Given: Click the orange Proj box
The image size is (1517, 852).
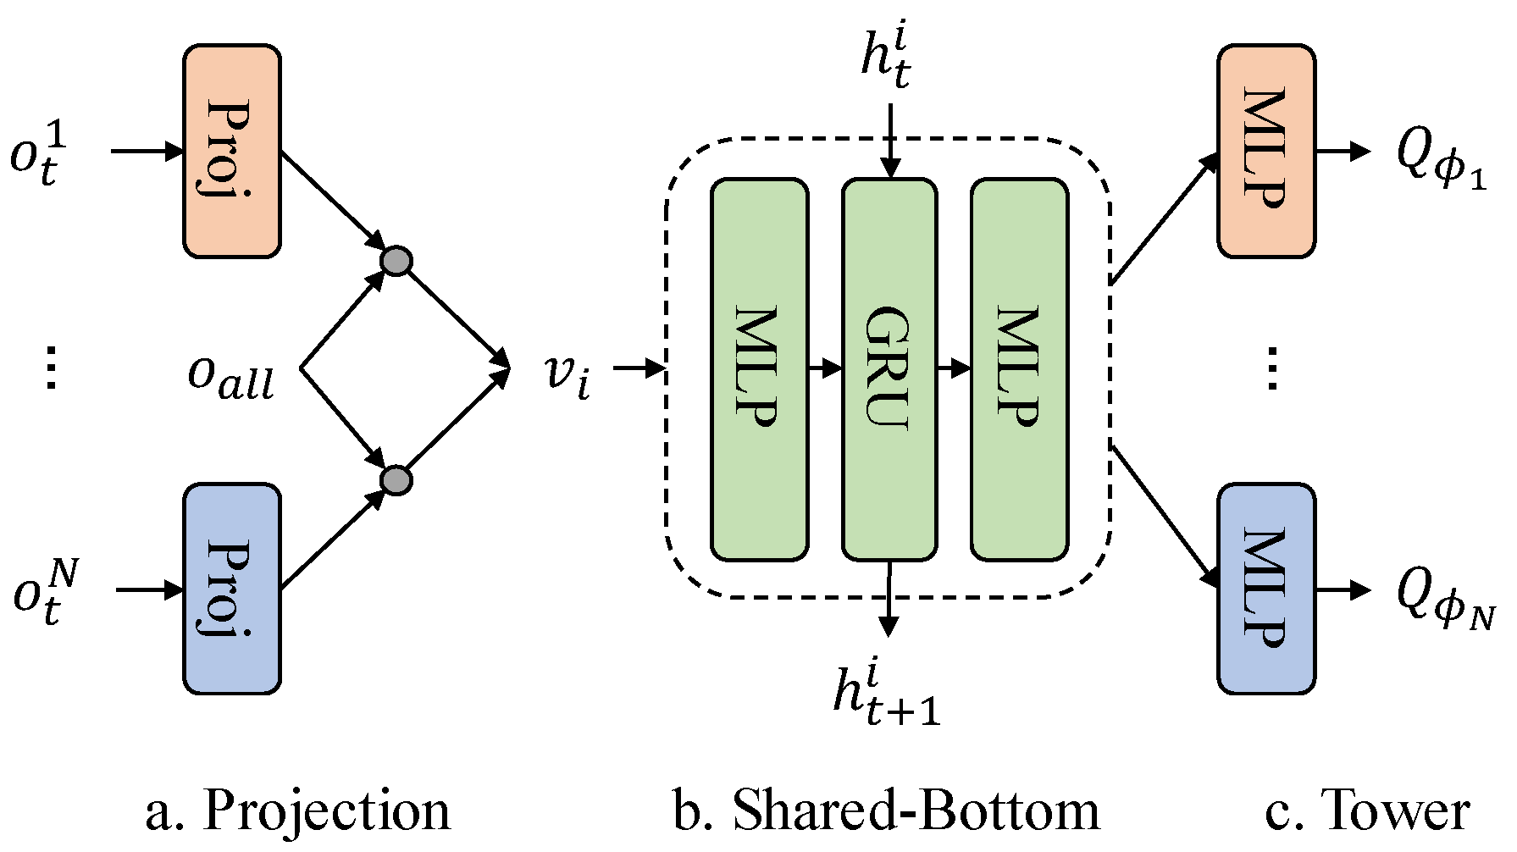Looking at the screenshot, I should [x=231, y=151].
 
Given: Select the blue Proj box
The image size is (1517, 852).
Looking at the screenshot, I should [x=231, y=589].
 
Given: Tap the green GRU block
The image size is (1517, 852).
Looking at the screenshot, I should [x=889, y=369].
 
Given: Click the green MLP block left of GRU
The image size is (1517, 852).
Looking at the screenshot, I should [x=759, y=369].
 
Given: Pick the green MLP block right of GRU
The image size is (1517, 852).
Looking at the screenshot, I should [x=1018, y=369].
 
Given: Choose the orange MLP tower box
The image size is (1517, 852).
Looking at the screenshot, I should [x=1265, y=151].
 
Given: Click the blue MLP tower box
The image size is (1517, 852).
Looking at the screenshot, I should [x=1265, y=589].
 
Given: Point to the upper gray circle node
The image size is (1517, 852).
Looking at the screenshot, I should [x=396, y=261].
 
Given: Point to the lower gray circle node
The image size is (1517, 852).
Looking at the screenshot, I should [x=396, y=480].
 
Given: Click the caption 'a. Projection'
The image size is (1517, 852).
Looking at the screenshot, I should [x=298, y=811].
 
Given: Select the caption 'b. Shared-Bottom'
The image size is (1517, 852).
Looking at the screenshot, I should [x=886, y=811].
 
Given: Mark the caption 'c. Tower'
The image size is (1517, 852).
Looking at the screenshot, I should [x=1366, y=811].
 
